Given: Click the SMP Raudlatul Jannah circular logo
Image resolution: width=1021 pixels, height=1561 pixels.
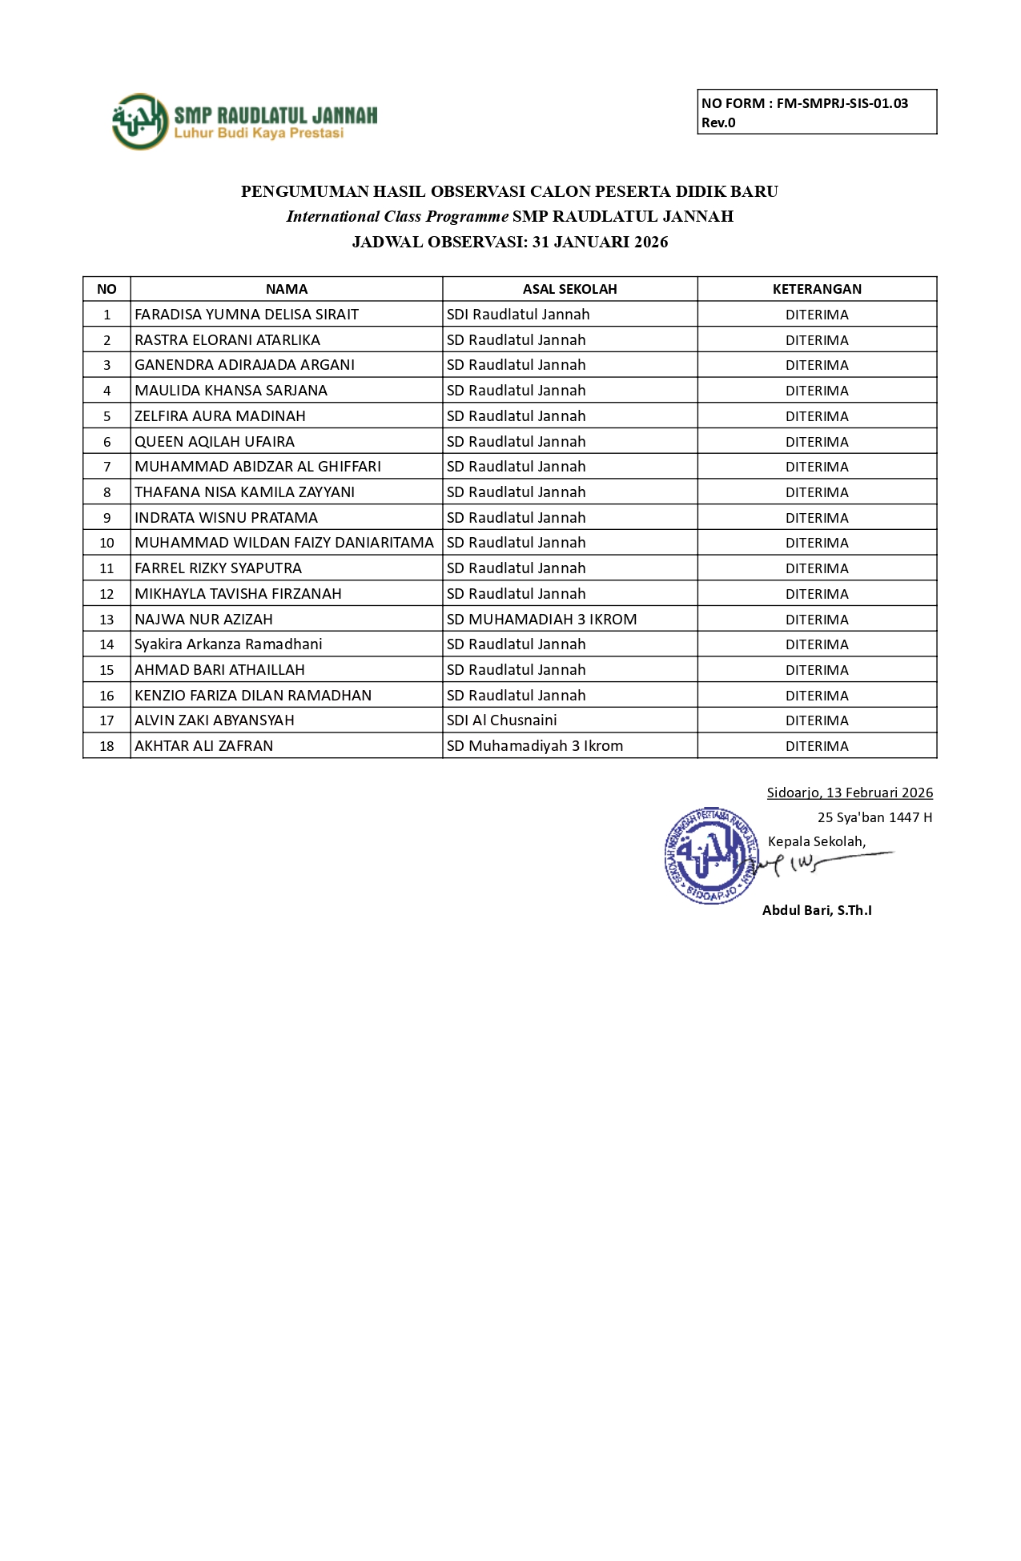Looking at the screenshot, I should click(x=140, y=122).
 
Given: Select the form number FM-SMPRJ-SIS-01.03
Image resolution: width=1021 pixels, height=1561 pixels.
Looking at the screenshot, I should click(x=842, y=103).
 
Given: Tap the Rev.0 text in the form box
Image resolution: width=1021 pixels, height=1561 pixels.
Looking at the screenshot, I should click(x=718, y=122).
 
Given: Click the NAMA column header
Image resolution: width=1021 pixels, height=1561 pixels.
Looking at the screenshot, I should click(x=286, y=289).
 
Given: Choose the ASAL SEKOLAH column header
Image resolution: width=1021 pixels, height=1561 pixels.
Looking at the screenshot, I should click(x=569, y=289).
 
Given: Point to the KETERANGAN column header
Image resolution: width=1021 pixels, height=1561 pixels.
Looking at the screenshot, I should click(x=817, y=289).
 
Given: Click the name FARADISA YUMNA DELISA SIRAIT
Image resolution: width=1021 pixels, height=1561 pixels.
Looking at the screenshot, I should click(x=247, y=315).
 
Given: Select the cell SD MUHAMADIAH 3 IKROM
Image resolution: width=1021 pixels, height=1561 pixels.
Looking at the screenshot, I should click(x=541, y=619).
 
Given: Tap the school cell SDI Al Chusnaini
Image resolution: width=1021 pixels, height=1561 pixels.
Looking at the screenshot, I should click(x=501, y=720).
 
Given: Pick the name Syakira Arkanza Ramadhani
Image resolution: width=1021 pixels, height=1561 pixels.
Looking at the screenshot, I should click(x=228, y=644).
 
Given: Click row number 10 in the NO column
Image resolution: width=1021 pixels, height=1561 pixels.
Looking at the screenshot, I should click(x=107, y=543).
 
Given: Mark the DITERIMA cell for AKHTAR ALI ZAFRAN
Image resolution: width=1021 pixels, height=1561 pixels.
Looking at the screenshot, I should click(x=817, y=746).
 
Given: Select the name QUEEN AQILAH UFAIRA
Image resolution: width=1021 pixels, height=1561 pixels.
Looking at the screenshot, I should click(x=215, y=442).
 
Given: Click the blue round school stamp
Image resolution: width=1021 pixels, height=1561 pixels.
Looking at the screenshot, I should click(x=710, y=856).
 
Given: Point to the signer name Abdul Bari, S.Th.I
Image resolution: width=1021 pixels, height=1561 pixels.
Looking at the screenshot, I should click(x=817, y=910).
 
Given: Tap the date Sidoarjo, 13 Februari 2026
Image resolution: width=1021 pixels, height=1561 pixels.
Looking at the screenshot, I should click(x=850, y=793).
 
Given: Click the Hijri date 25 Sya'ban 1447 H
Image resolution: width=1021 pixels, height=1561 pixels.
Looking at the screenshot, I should click(x=874, y=817).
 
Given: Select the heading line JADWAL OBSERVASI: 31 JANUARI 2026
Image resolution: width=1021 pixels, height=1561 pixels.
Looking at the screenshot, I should click(x=510, y=242).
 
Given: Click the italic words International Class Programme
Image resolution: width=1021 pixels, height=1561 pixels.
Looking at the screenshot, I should click(x=397, y=216).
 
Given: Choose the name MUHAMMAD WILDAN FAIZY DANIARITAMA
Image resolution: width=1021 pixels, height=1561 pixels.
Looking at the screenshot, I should click(x=284, y=543).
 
